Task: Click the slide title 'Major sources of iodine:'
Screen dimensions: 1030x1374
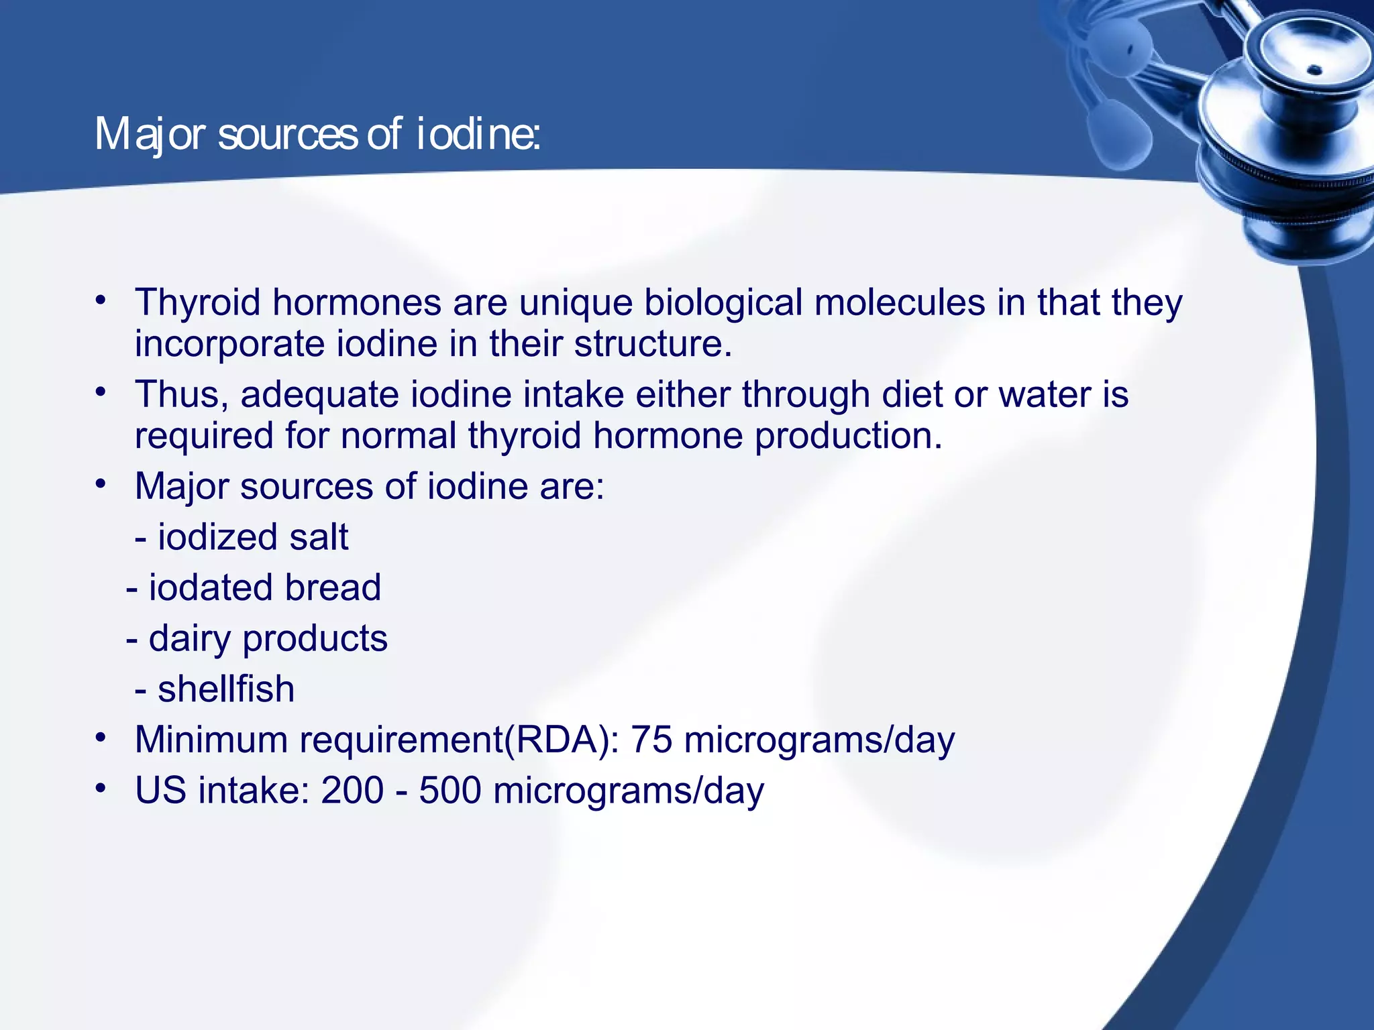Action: (317, 134)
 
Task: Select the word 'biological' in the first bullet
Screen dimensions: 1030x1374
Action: (723, 302)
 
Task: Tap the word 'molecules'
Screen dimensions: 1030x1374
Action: (899, 302)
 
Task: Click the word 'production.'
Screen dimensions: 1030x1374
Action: (848, 436)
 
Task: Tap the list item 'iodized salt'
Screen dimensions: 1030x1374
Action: (252, 537)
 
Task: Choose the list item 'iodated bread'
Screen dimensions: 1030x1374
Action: (264, 588)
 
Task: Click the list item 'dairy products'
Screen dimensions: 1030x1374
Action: (268, 638)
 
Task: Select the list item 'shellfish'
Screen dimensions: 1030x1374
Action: (226, 689)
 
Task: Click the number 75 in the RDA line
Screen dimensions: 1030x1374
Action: (651, 740)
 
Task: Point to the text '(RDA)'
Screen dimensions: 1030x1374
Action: (558, 740)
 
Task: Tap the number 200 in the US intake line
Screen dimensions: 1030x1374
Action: (352, 791)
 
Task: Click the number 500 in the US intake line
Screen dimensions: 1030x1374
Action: (450, 791)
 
